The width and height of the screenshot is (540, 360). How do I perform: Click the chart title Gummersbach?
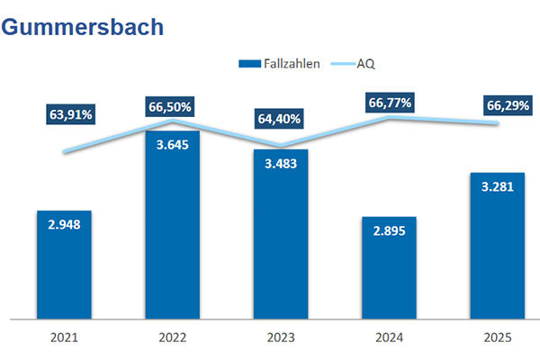point(83,27)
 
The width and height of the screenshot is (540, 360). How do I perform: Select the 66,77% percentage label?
point(390,103)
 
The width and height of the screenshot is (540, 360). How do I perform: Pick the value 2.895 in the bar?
point(389,231)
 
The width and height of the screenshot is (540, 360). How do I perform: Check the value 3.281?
point(498,187)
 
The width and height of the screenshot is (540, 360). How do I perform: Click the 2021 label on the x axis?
point(64,338)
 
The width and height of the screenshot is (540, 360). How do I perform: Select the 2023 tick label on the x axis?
point(281,338)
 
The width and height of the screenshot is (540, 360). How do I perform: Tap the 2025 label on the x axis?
point(498,338)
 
